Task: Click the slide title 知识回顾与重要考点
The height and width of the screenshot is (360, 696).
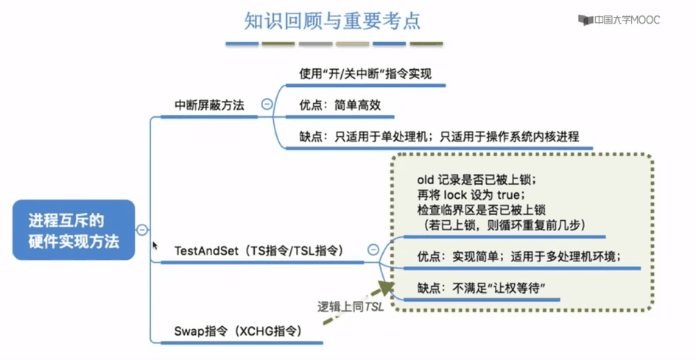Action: point(332,21)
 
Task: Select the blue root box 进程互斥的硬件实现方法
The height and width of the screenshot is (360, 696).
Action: point(74,230)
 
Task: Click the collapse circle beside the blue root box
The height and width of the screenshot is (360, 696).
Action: point(142,230)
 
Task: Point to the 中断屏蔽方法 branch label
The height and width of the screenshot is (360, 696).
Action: point(209,105)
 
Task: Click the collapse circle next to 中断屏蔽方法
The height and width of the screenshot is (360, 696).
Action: point(267,104)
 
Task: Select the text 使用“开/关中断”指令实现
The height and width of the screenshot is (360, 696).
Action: point(365,74)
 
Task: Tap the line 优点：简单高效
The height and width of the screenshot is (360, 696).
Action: point(340,105)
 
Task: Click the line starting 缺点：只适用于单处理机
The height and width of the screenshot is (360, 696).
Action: point(439,136)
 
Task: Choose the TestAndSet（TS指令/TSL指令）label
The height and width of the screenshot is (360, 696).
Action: point(259,251)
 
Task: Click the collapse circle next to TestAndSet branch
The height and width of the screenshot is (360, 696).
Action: point(373,250)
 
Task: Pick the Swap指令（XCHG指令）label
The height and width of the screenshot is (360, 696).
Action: point(239,331)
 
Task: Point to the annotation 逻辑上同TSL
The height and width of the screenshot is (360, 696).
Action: point(351,306)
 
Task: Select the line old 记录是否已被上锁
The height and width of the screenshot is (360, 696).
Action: point(477,180)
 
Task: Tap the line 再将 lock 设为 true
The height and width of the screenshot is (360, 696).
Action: point(471,195)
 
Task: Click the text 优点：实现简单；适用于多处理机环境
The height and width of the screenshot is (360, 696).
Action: point(519,257)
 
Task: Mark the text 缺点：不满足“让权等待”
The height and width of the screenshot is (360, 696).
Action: point(481,288)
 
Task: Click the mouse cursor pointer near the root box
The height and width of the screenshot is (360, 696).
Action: point(155,245)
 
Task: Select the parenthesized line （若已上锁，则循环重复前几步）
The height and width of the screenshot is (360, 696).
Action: point(501,225)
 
